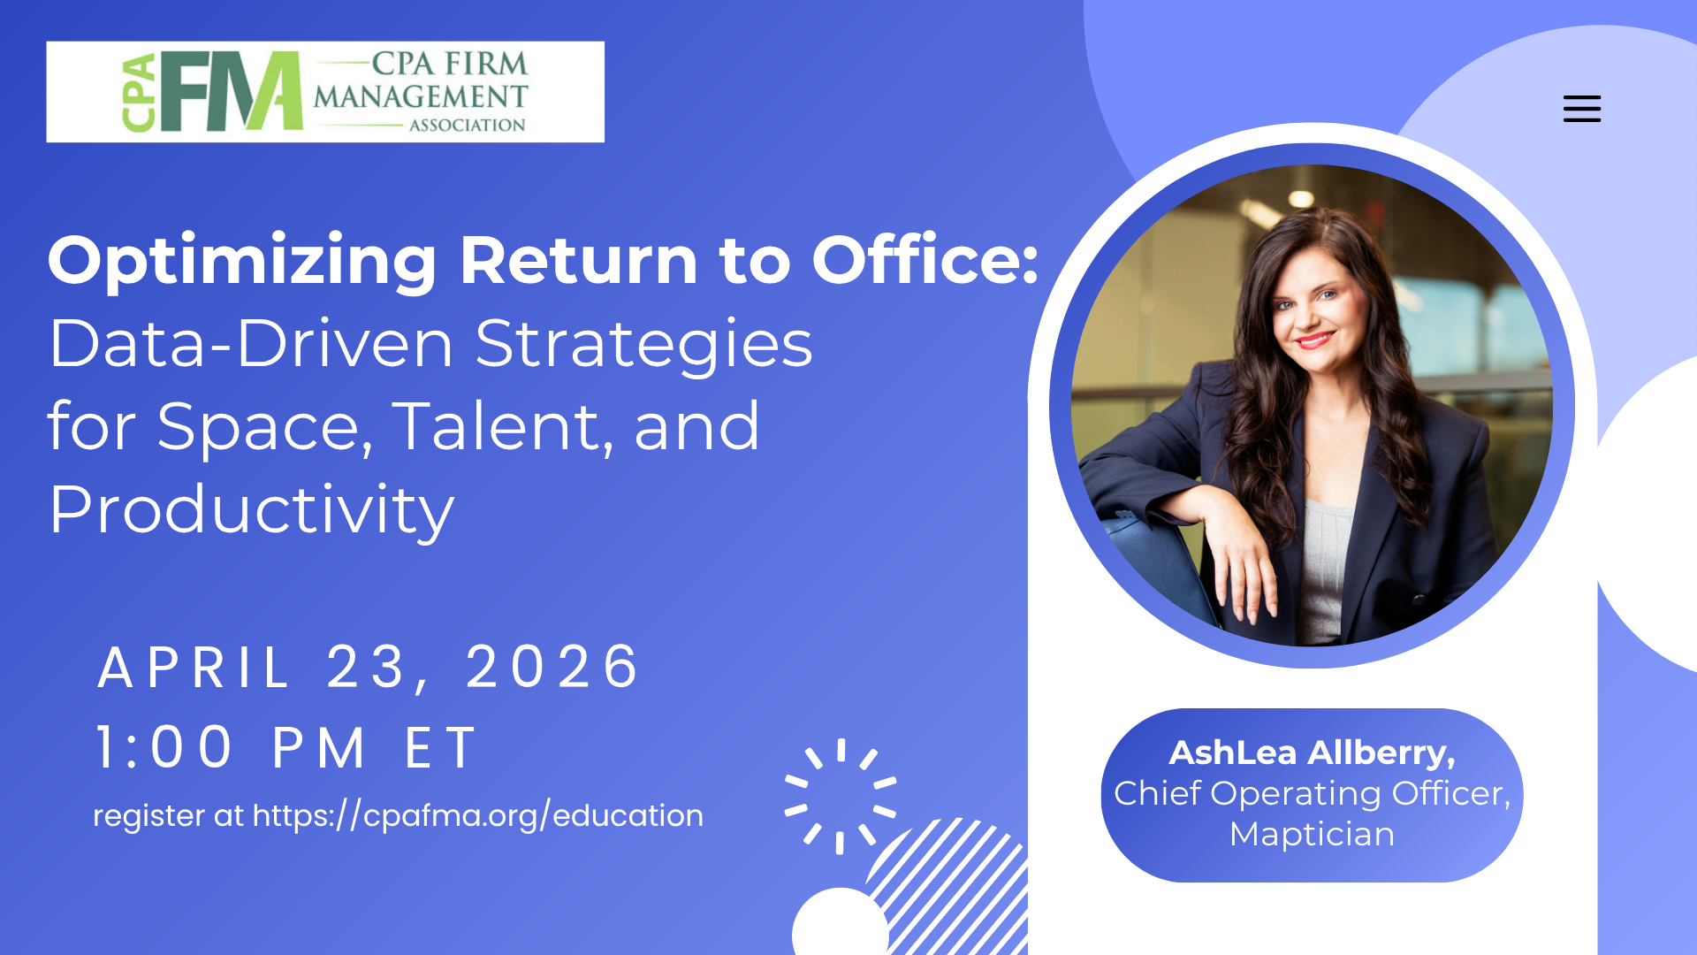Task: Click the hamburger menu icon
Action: (1581, 109)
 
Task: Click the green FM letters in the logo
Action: (232, 91)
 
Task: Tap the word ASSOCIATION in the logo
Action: (467, 126)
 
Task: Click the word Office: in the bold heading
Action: (925, 261)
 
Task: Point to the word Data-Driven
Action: (251, 344)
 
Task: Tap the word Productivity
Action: (252, 510)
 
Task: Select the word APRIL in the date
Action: (194, 667)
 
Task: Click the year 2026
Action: (552, 667)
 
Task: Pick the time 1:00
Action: (164, 748)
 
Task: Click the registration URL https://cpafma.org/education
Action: (478, 815)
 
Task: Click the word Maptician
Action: (1312, 834)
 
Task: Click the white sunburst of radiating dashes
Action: (841, 796)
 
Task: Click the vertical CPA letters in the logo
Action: (140, 93)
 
